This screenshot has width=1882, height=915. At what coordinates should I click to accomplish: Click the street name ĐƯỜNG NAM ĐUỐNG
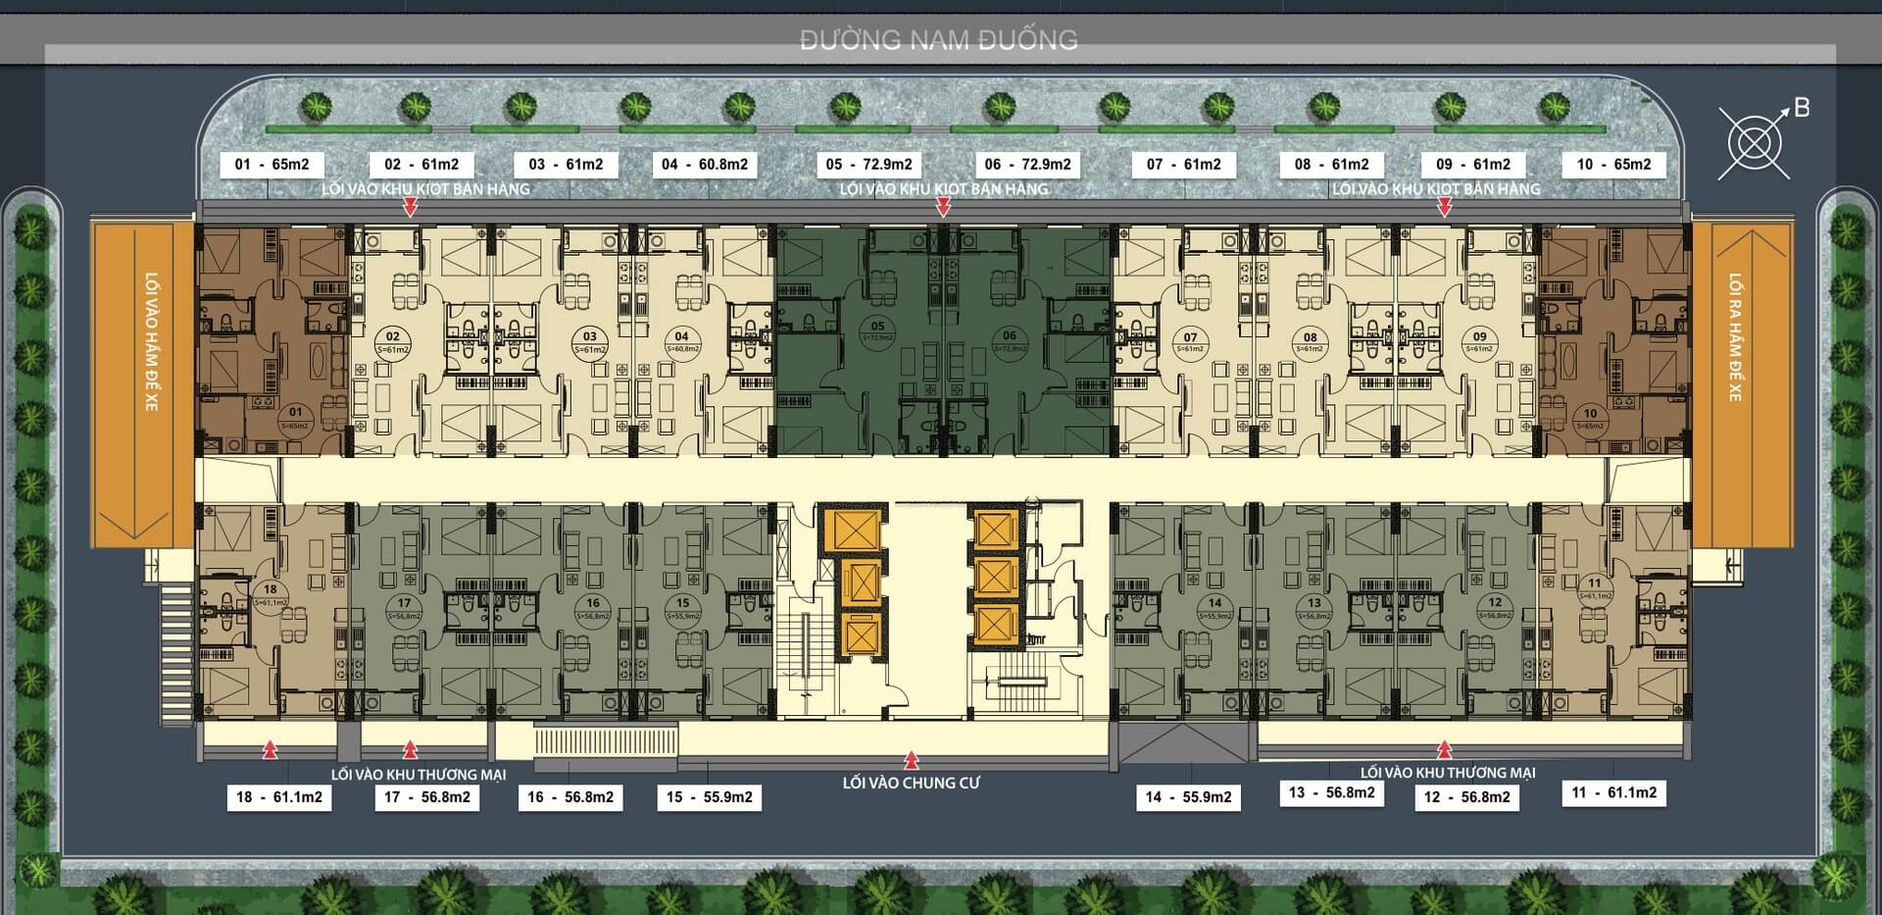[939, 40]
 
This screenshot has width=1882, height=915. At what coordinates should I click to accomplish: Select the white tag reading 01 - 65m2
[272, 165]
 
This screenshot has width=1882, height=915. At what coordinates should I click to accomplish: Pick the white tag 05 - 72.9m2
[868, 165]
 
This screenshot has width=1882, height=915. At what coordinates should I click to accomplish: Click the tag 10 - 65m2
[1613, 165]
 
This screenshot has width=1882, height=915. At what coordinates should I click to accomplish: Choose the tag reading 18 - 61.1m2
[279, 797]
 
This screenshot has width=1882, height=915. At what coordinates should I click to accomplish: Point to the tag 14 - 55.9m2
[1188, 797]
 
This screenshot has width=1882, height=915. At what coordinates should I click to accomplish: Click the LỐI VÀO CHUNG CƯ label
[911, 783]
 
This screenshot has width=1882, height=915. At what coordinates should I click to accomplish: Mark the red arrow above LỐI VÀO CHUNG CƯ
[912, 759]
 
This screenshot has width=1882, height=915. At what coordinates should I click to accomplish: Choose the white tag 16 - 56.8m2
[570, 797]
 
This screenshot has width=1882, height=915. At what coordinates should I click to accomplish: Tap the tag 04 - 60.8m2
[704, 165]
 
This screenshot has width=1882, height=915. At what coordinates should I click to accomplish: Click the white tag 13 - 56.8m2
[1331, 792]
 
